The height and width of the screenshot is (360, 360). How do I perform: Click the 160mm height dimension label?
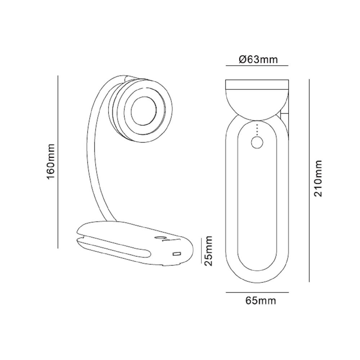pyautogui.click(x=50, y=162)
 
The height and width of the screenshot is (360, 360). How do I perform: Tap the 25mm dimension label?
pyautogui.click(x=208, y=251)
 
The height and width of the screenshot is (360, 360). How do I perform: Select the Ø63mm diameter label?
pyautogui.click(x=258, y=59)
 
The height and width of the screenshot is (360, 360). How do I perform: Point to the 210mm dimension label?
pyautogui.click(x=318, y=179)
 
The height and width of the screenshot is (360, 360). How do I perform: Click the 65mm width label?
pyautogui.click(x=261, y=300)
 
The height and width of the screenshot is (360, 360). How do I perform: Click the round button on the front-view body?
pyautogui.click(x=257, y=143)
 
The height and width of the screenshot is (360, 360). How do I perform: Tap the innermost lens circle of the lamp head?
pyautogui.click(x=144, y=110)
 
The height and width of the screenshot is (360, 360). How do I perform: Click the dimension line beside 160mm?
pyautogui.click(x=58, y=162)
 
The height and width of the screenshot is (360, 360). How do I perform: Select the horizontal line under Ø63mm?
pyautogui.click(x=257, y=66)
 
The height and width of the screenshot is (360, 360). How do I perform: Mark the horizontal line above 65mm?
pyautogui.click(x=257, y=292)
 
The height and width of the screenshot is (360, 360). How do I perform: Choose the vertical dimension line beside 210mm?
pyautogui.click(x=309, y=180)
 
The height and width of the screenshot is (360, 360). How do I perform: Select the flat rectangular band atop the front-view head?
pyautogui.click(x=257, y=84)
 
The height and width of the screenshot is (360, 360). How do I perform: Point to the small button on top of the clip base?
pyautogui.click(x=158, y=238)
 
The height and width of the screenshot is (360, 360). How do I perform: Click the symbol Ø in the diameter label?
pyautogui.click(x=242, y=59)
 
